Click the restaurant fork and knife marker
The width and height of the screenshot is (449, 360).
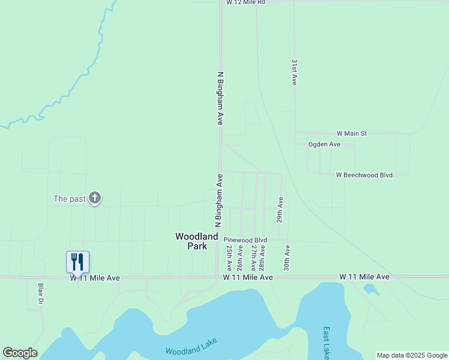pyautogui.click(x=77, y=262)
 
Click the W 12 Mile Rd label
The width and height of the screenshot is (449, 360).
pyautogui.click(x=246, y=3)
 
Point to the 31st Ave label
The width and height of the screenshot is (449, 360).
pyautogui.click(x=295, y=72)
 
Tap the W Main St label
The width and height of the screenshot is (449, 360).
pyautogui.click(x=351, y=133)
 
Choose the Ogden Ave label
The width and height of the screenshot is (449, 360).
pyautogui.click(x=324, y=145)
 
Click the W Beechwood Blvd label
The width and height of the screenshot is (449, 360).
pyautogui.click(x=364, y=175)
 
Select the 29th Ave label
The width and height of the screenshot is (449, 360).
pyautogui.click(x=280, y=209)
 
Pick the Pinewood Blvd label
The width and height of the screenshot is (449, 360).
pyautogui.click(x=245, y=239)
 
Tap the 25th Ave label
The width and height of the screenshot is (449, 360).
pyautogui.click(x=229, y=256)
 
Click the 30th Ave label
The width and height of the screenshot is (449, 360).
pyautogui.click(x=288, y=256)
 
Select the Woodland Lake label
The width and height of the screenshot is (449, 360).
pyautogui.click(x=190, y=347)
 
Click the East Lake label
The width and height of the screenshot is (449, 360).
pyautogui.click(x=326, y=340)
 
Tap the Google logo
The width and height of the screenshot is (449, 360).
pyautogui.click(x=20, y=353)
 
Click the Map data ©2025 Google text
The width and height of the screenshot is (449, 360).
pyautogui.click(x=412, y=355)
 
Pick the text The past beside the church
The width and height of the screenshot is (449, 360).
pyautogui.click(x=69, y=199)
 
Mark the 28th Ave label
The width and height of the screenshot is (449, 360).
pyautogui.click(x=262, y=256)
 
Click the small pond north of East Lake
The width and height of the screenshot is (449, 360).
pyautogui.click(x=371, y=289)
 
